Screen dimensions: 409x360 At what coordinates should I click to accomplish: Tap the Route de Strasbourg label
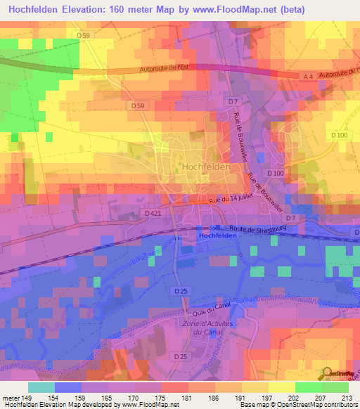tap(259, 228)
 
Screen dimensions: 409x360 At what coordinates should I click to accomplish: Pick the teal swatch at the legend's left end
tap(41, 387)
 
